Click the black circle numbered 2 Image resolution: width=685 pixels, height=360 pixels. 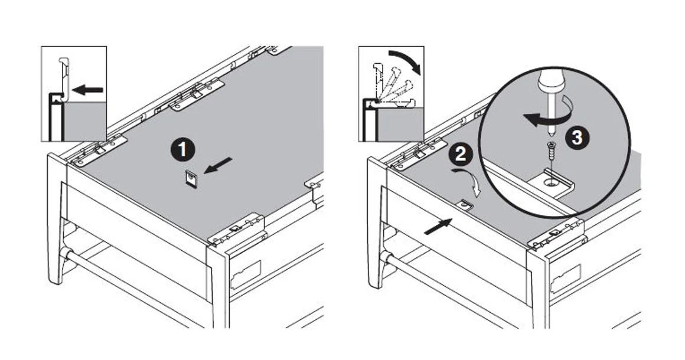point(461,155)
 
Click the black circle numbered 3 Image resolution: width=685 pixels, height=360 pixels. point(577,138)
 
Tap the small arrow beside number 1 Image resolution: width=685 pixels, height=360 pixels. point(217,166)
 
